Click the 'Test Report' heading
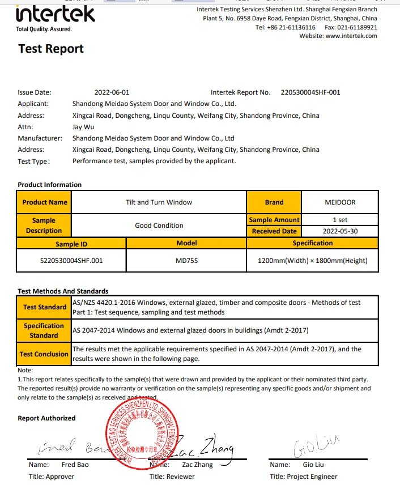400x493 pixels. click(x=51, y=49)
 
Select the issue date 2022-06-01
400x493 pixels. click(x=112, y=92)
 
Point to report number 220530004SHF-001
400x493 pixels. click(x=310, y=92)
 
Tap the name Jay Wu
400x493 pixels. click(x=83, y=127)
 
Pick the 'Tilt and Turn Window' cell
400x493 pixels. click(x=159, y=202)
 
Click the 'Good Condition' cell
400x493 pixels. click(x=159, y=226)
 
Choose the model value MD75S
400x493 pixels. click(x=186, y=261)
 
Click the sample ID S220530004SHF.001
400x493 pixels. click(x=71, y=261)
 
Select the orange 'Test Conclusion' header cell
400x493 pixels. click(x=44, y=354)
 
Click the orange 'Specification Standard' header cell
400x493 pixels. click(x=44, y=330)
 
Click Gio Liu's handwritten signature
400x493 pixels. click(x=308, y=448)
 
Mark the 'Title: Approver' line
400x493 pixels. click(x=52, y=477)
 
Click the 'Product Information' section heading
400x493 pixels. click(x=50, y=185)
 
